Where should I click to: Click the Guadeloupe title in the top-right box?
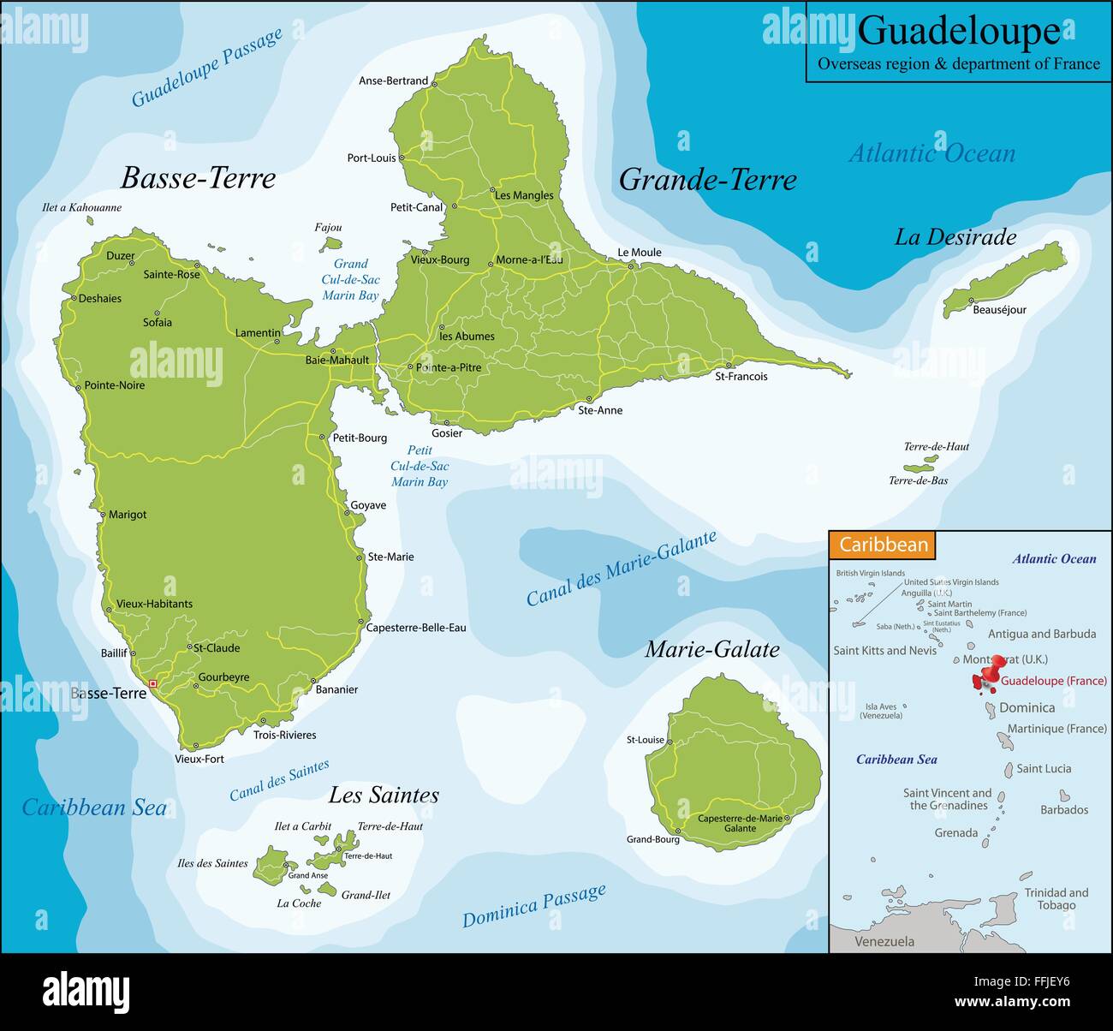[958, 32]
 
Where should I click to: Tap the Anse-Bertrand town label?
[393, 81]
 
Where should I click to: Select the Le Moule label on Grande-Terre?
[639, 253]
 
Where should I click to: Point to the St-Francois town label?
[741, 377]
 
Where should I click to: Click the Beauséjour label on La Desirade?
[999, 310]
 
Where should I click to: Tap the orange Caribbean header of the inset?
[883, 545]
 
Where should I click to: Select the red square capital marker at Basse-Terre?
[152, 683]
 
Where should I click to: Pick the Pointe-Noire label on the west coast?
[115, 385]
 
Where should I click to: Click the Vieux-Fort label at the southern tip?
[199, 759]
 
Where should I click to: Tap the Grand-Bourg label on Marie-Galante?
[652, 839]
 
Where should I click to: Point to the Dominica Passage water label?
[534, 906]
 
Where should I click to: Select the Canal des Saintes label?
[279, 780]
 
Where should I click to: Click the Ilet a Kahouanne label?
[81, 207]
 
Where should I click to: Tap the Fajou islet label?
[328, 228]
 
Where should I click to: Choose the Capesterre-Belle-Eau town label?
[416, 628]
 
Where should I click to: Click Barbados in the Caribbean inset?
[1064, 809]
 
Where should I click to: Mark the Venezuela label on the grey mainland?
[884, 941]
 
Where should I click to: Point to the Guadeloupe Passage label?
[206, 68]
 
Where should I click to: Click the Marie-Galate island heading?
[711, 649]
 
